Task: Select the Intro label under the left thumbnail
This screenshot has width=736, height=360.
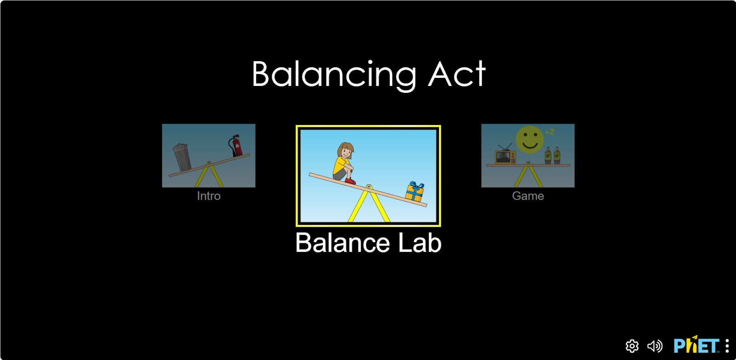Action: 209,196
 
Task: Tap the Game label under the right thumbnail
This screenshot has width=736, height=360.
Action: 528,196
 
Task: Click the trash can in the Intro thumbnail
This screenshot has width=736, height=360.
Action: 182,157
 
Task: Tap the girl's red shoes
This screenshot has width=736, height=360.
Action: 350,181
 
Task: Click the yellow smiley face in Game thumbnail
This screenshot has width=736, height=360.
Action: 529,139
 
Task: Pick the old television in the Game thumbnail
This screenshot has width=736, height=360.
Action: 506,154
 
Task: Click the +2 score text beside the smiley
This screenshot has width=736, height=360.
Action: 550,132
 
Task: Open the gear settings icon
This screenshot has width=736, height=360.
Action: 632,346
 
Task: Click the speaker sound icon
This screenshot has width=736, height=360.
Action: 655,346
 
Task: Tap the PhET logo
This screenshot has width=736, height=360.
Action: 696,345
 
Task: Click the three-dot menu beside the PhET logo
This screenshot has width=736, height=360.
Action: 727,346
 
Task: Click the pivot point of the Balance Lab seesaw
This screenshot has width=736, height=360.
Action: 368,187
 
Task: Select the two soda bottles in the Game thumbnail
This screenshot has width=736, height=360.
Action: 552,155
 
